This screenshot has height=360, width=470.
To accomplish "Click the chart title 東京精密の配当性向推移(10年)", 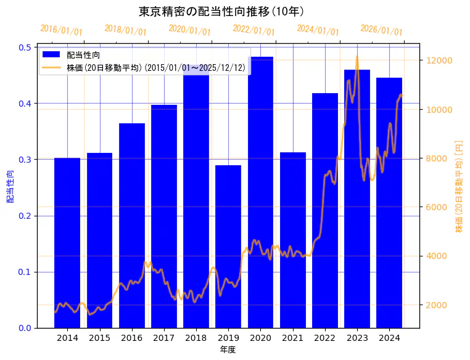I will [221, 11].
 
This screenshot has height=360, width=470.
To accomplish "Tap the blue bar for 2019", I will [228, 247].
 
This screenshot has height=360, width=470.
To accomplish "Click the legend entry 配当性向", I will [83, 55].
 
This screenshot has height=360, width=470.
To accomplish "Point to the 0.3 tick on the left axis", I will [26, 160].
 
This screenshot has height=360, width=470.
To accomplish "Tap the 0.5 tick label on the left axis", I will [26, 47].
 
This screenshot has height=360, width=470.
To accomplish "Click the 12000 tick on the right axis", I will [440, 60].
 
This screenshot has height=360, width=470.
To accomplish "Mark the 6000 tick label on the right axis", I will [438, 207].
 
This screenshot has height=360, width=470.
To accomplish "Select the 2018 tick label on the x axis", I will [196, 338].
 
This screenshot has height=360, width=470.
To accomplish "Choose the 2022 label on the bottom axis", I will [325, 338].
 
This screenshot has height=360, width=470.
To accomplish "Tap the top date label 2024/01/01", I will [318, 30].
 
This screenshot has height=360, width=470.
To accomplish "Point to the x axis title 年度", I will [228, 350].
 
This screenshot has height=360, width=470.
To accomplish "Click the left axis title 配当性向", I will [10, 187].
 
